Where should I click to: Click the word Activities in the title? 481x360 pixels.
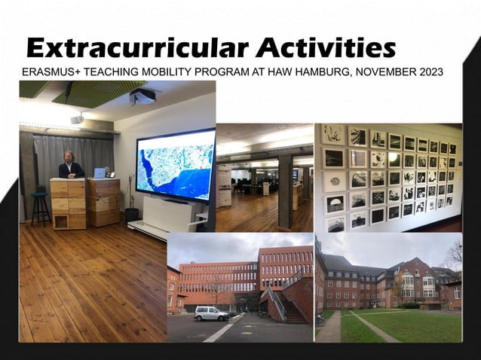325,47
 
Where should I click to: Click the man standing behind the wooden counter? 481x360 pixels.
71,166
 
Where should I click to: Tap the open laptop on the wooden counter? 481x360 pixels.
99,172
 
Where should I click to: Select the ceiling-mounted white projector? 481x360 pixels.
142,96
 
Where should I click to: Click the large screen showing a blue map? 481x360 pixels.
175,163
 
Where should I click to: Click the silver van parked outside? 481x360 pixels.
211,313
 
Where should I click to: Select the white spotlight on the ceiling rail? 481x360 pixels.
78,118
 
